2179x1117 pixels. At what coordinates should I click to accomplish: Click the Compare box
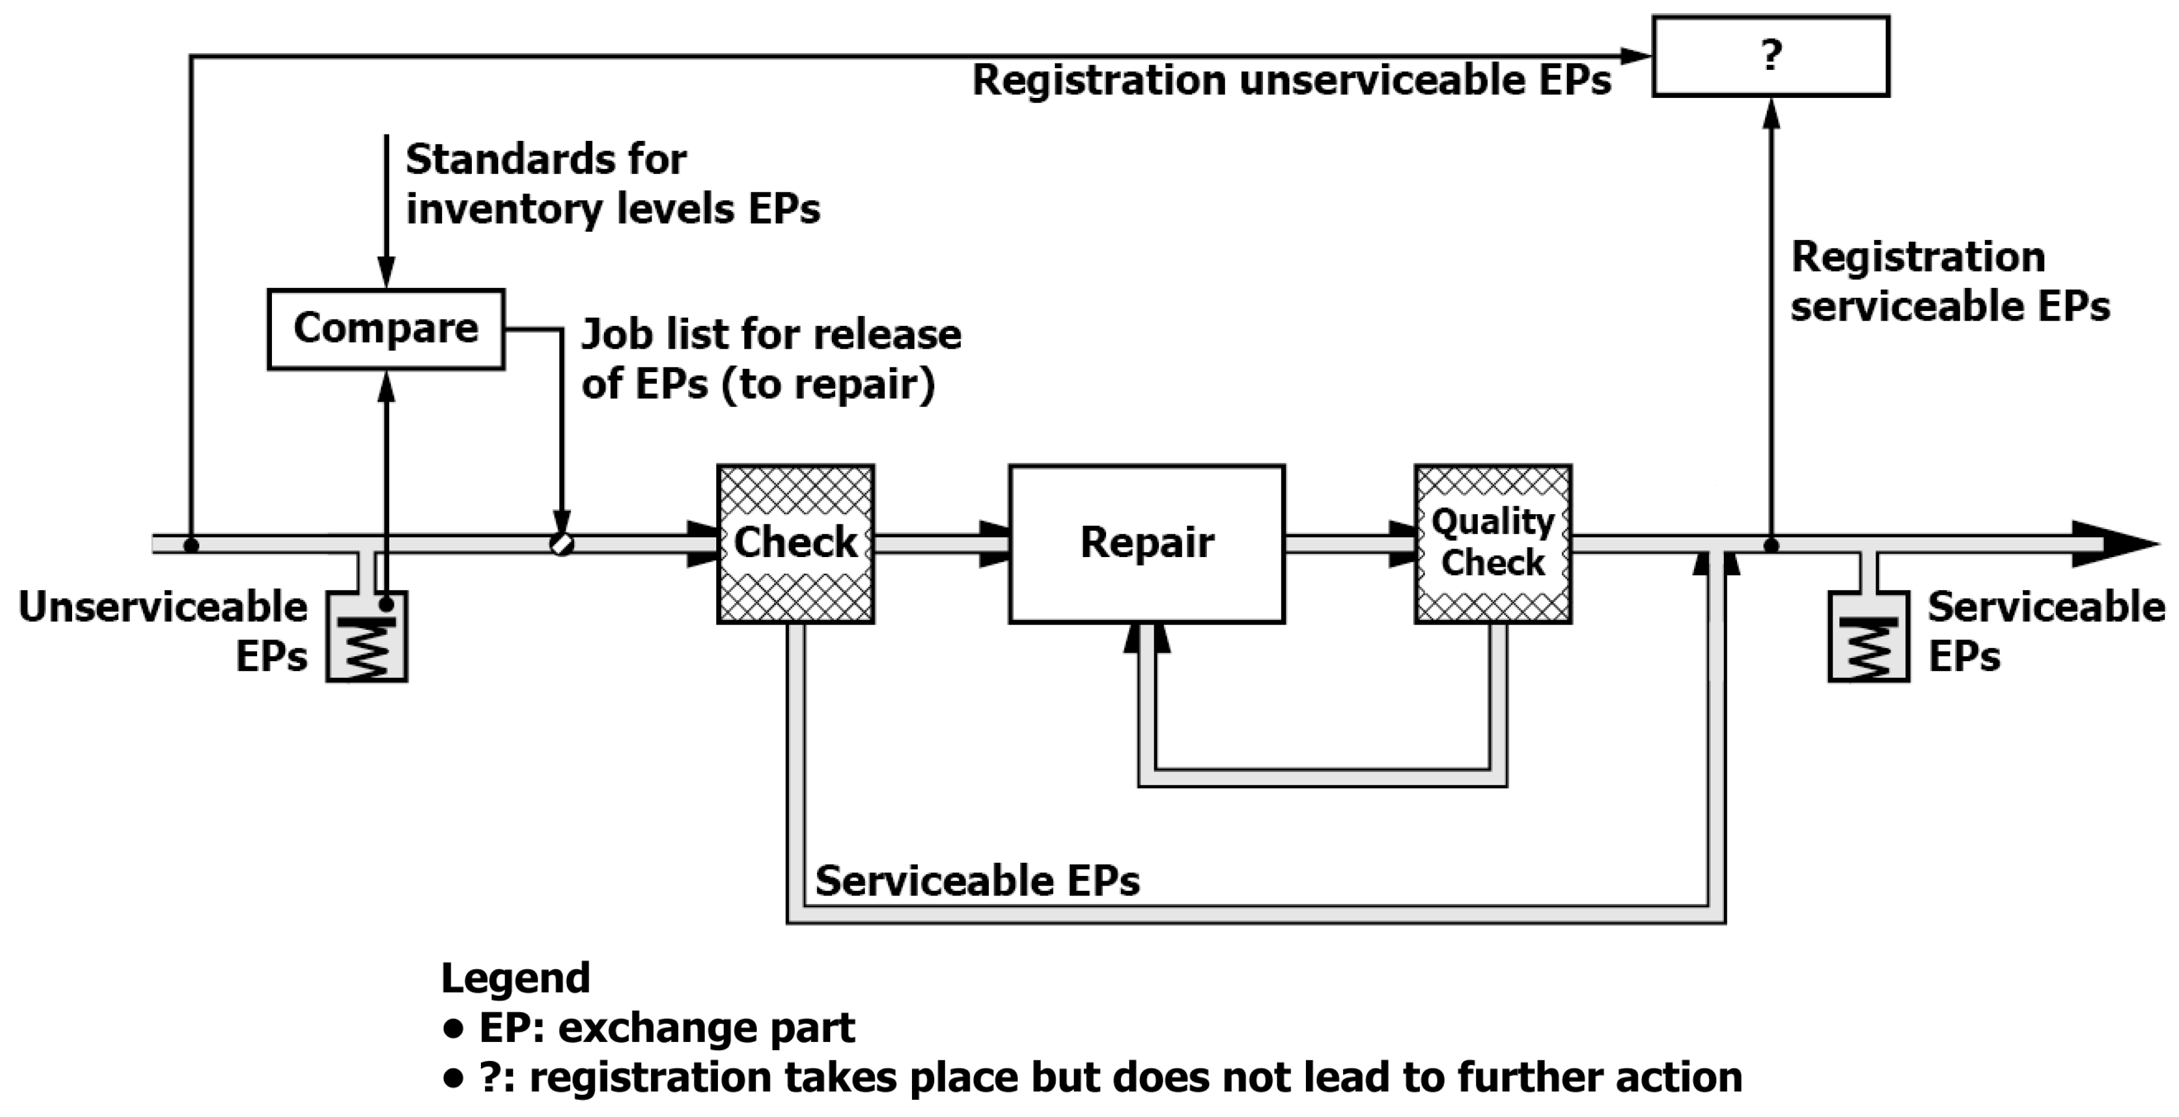(x=386, y=329)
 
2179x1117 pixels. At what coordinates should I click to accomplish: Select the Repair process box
(x=1146, y=543)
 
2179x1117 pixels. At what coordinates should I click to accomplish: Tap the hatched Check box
(x=795, y=543)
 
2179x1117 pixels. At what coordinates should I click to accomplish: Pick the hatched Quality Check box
(x=1493, y=543)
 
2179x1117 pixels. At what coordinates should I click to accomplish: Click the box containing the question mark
(x=1770, y=56)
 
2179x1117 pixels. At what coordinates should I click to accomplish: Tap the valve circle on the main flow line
(x=562, y=543)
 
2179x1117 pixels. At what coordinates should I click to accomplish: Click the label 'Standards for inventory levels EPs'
(x=613, y=184)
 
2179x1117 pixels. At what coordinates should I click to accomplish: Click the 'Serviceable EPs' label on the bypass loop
(x=977, y=881)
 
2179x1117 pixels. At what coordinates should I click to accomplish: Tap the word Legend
(x=515, y=979)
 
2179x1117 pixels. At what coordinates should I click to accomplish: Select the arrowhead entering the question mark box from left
(x=1636, y=57)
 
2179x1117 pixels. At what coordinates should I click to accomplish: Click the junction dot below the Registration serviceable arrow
(x=1770, y=546)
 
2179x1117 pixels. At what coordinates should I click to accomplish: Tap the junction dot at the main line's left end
(x=191, y=546)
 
